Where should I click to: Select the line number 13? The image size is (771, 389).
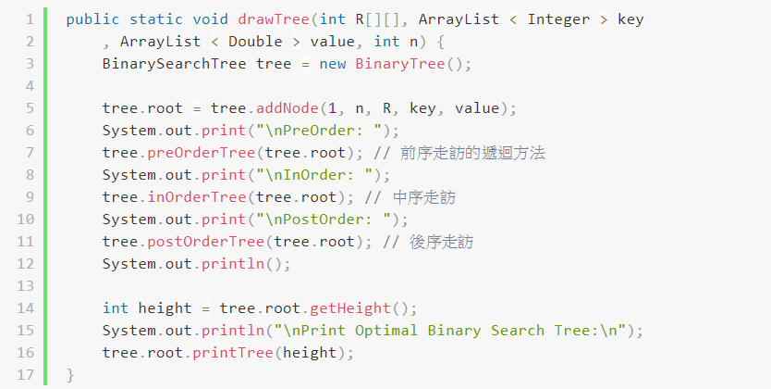[25, 286]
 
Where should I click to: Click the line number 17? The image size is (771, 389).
[25, 375]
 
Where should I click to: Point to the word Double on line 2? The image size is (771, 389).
[255, 41]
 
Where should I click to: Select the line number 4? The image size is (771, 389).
[29, 85]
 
